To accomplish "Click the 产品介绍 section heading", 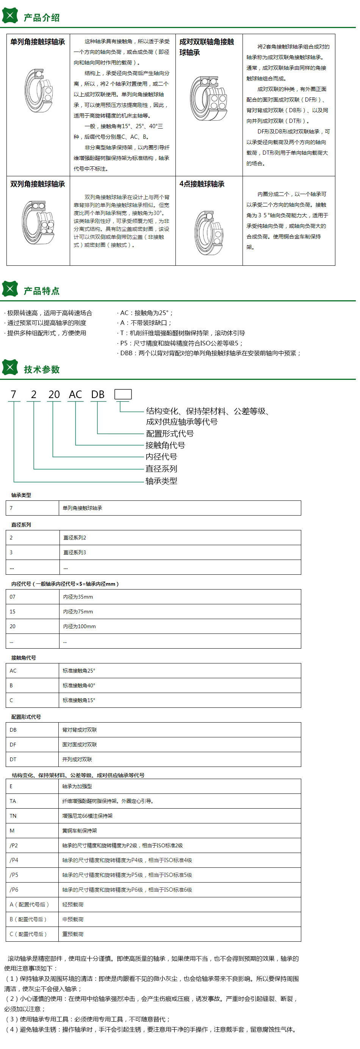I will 41,17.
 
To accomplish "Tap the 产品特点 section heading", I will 41,291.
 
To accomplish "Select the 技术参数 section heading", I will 42,369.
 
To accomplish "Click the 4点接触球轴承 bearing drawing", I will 208,232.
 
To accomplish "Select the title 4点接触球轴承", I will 202,184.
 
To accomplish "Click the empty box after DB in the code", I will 123,394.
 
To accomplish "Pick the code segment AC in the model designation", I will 75,395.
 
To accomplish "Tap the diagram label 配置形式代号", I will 170,434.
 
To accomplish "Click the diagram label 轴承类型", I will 161,481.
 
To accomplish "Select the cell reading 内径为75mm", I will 78,612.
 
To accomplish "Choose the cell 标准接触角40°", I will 78,685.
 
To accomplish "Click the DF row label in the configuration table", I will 13,745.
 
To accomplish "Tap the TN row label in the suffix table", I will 13,816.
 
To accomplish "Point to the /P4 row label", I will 14,860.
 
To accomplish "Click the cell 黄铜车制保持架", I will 80,831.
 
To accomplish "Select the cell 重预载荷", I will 73,934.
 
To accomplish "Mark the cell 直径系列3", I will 75,553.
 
